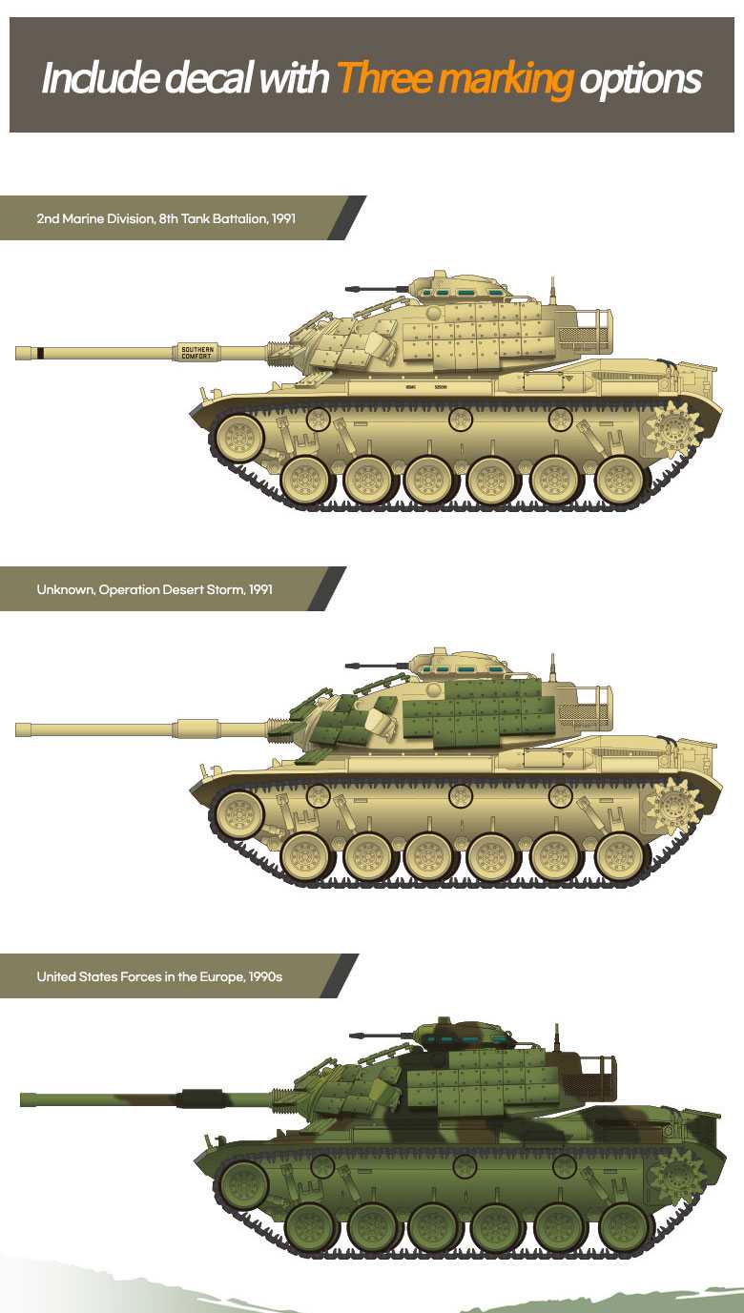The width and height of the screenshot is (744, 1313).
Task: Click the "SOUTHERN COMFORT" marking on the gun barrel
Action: (x=197, y=353)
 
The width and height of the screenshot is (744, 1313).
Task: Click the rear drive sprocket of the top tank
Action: (x=673, y=430)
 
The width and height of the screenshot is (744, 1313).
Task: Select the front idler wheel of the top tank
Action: (x=238, y=438)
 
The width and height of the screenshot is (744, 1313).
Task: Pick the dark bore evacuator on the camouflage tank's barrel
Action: (x=201, y=1098)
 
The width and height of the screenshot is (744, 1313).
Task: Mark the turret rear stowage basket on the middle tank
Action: (x=584, y=707)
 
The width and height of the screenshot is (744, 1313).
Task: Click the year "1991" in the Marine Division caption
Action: (x=283, y=218)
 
